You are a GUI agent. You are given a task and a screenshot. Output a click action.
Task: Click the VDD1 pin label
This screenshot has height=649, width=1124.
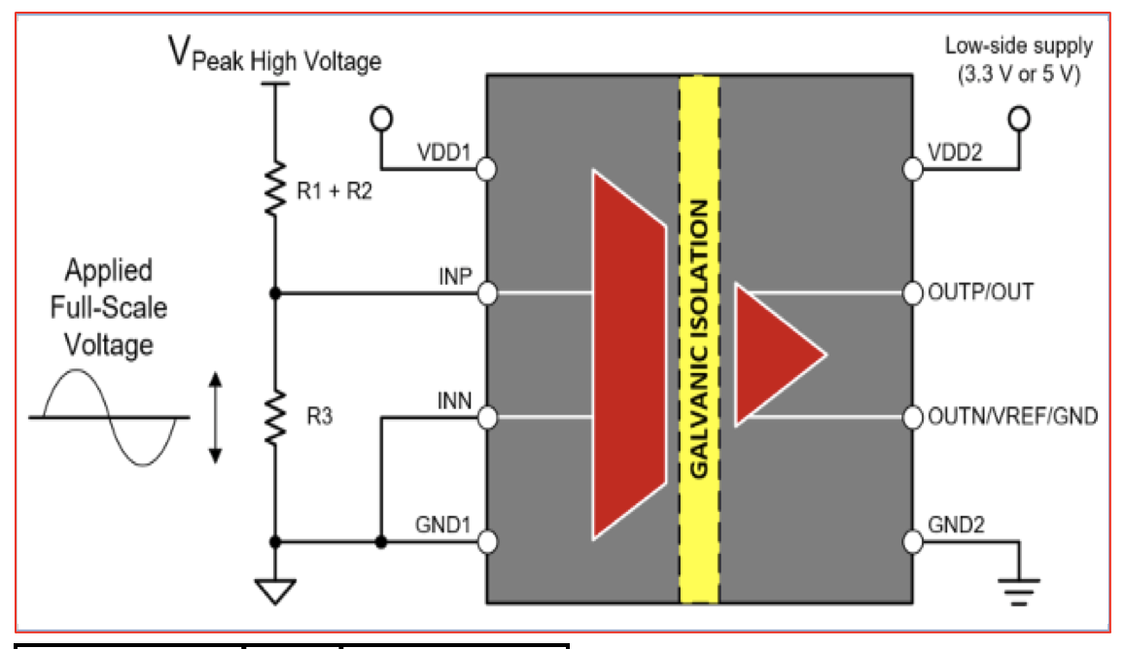[x=443, y=153]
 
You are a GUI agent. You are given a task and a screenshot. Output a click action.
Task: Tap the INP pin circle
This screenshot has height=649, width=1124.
[x=487, y=293]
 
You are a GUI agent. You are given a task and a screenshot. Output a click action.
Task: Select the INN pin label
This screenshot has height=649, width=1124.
[x=454, y=401]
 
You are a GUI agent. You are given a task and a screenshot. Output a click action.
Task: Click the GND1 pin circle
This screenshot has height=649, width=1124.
[x=487, y=542]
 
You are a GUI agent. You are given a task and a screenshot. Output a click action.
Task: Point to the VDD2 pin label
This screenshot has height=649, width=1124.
[x=955, y=153]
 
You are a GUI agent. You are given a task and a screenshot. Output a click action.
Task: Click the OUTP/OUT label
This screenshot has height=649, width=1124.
[x=981, y=292]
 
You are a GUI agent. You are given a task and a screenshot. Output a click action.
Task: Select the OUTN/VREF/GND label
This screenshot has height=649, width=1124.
[x=1013, y=416]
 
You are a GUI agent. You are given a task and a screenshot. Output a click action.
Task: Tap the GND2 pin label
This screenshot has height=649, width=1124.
[x=956, y=525]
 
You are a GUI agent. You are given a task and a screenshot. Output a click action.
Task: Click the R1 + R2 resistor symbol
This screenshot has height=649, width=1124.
[x=275, y=188]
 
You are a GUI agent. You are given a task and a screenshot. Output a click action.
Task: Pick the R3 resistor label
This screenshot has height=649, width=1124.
[x=320, y=416]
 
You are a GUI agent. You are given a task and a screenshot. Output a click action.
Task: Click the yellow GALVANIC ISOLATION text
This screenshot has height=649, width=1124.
[x=699, y=338]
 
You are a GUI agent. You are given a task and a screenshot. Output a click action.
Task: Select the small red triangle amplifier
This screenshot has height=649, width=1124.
[x=780, y=355]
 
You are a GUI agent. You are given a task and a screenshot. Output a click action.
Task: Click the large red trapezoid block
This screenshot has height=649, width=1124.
[x=629, y=355]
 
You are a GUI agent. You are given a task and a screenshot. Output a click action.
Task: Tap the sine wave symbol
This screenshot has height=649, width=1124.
[x=109, y=418]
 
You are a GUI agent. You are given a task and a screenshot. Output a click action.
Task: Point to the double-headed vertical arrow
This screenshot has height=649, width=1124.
[x=215, y=418]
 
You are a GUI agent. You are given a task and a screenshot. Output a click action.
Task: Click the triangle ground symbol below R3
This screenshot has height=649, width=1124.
[x=275, y=591]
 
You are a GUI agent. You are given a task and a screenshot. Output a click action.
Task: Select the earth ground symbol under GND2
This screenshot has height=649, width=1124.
[x=1019, y=591]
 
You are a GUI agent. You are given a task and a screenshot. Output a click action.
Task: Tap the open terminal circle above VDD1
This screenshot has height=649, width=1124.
[x=381, y=119]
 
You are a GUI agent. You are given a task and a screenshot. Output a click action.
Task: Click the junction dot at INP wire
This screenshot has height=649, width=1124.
[x=275, y=293]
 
